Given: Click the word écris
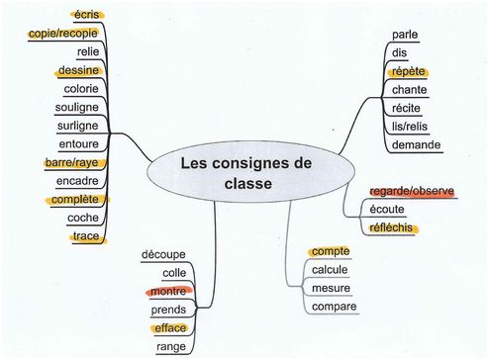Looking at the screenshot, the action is coord(87,15).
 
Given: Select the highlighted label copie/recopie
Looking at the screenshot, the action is coord(63,34).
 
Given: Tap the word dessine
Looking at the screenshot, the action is coord(78,70).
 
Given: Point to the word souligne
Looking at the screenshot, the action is coord(77,108).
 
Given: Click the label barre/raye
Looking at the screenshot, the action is coord(71,163).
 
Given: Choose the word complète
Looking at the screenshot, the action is coord(75,200).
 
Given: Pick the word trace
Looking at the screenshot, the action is coord(86,236).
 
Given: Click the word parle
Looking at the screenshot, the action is coord(405,35).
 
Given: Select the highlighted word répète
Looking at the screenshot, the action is coord(408,71).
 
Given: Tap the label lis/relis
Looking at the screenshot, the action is coord(410,127).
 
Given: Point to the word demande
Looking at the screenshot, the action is coord(416,144).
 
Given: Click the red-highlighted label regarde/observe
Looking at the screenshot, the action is coord(412,191).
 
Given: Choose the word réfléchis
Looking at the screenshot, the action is coord(391,227).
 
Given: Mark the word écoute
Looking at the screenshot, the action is coord(387,210).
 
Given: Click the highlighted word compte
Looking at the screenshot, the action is coord(331,251).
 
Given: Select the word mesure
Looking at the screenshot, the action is coord(331,288).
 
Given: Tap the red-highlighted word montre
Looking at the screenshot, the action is coord(168,292).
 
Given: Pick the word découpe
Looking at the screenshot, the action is coord(163,255).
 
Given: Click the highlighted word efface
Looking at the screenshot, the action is coord(170,328).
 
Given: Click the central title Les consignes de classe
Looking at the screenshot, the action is coord(246,173).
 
